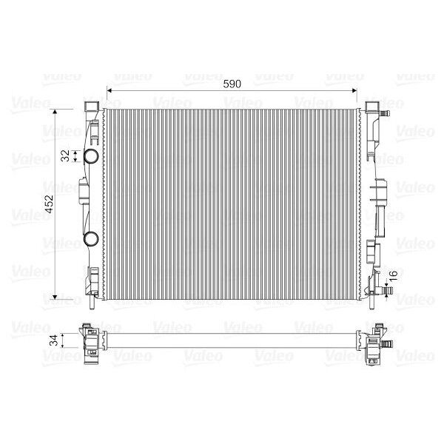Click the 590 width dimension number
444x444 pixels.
point(232,84)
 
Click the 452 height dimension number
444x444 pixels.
point(50,204)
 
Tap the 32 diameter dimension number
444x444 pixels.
point(65,155)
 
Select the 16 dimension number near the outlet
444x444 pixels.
point(394,276)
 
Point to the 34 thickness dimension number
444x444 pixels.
point(53,340)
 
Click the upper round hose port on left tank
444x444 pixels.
point(91,156)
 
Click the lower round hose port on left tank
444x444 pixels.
point(91,238)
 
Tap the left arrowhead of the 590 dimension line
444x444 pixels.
point(110,90)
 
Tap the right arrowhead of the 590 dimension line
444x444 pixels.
point(354,90)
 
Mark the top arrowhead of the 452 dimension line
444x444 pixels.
point(55,112)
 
